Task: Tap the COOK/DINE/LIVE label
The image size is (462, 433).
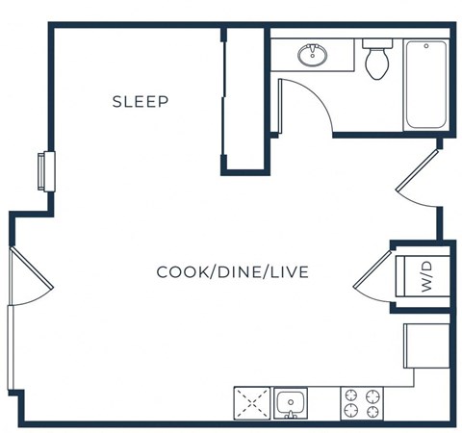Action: pyautogui.click(x=232, y=272)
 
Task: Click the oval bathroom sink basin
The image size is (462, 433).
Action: pyautogui.click(x=313, y=55)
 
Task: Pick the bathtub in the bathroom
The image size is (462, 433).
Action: pyautogui.click(x=427, y=85)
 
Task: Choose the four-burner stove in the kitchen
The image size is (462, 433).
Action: pyautogui.click(x=362, y=402)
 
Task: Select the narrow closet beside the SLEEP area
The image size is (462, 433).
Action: pyautogui.click(x=244, y=99)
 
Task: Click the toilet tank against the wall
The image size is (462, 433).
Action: pyautogui.click(x=376, y=44)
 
